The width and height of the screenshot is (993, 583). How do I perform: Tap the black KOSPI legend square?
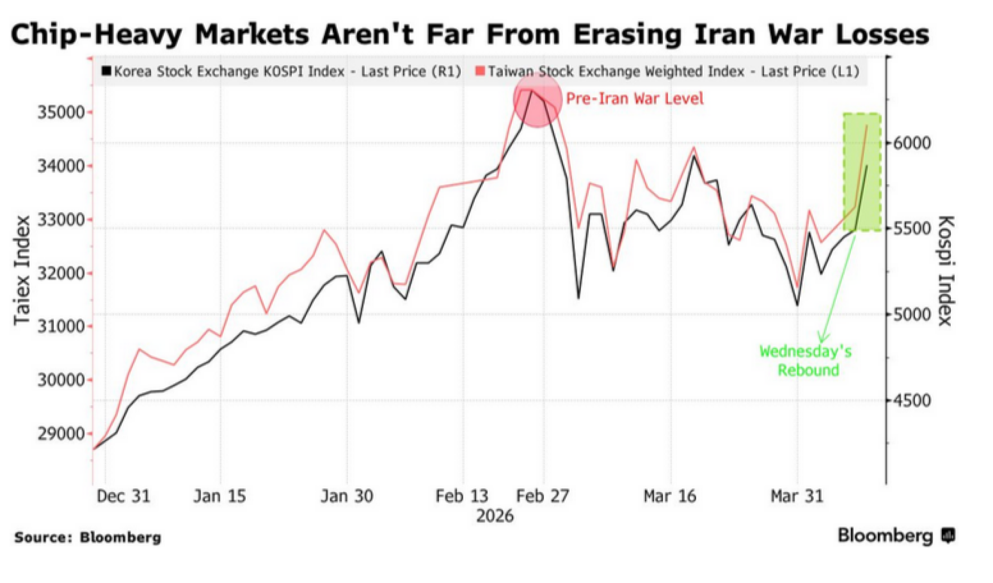tap(106, 71)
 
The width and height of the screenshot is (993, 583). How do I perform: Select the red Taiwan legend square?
tap(480, 71)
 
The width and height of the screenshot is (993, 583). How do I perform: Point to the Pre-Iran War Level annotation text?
tap(635, 98)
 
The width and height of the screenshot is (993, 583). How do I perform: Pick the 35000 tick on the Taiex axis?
tap(62, 112)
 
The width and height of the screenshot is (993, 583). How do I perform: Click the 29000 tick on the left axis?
tap(62, 434)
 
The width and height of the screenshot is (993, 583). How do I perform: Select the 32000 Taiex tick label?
tap(62, 273)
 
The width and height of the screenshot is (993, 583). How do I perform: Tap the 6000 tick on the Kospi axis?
tap(912, 143)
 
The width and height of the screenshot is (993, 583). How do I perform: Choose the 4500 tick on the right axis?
tap(912, 400)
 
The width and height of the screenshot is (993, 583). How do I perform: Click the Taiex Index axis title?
tap(22, 270)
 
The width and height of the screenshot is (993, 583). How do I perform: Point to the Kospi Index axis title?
tap(945, 270)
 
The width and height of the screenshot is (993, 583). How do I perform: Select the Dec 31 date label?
tap(123, 496)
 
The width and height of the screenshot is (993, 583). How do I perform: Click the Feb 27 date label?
tap(543, 496)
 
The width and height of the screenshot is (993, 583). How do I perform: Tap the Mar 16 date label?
tap(670, 496)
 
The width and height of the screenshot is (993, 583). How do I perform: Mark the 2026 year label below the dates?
tap(495, 516)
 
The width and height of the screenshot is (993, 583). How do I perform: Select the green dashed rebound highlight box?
tap(862, 172)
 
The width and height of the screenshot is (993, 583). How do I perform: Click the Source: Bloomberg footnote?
tap(88, 537)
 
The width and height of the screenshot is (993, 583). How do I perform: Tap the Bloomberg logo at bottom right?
tap(896, 536)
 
